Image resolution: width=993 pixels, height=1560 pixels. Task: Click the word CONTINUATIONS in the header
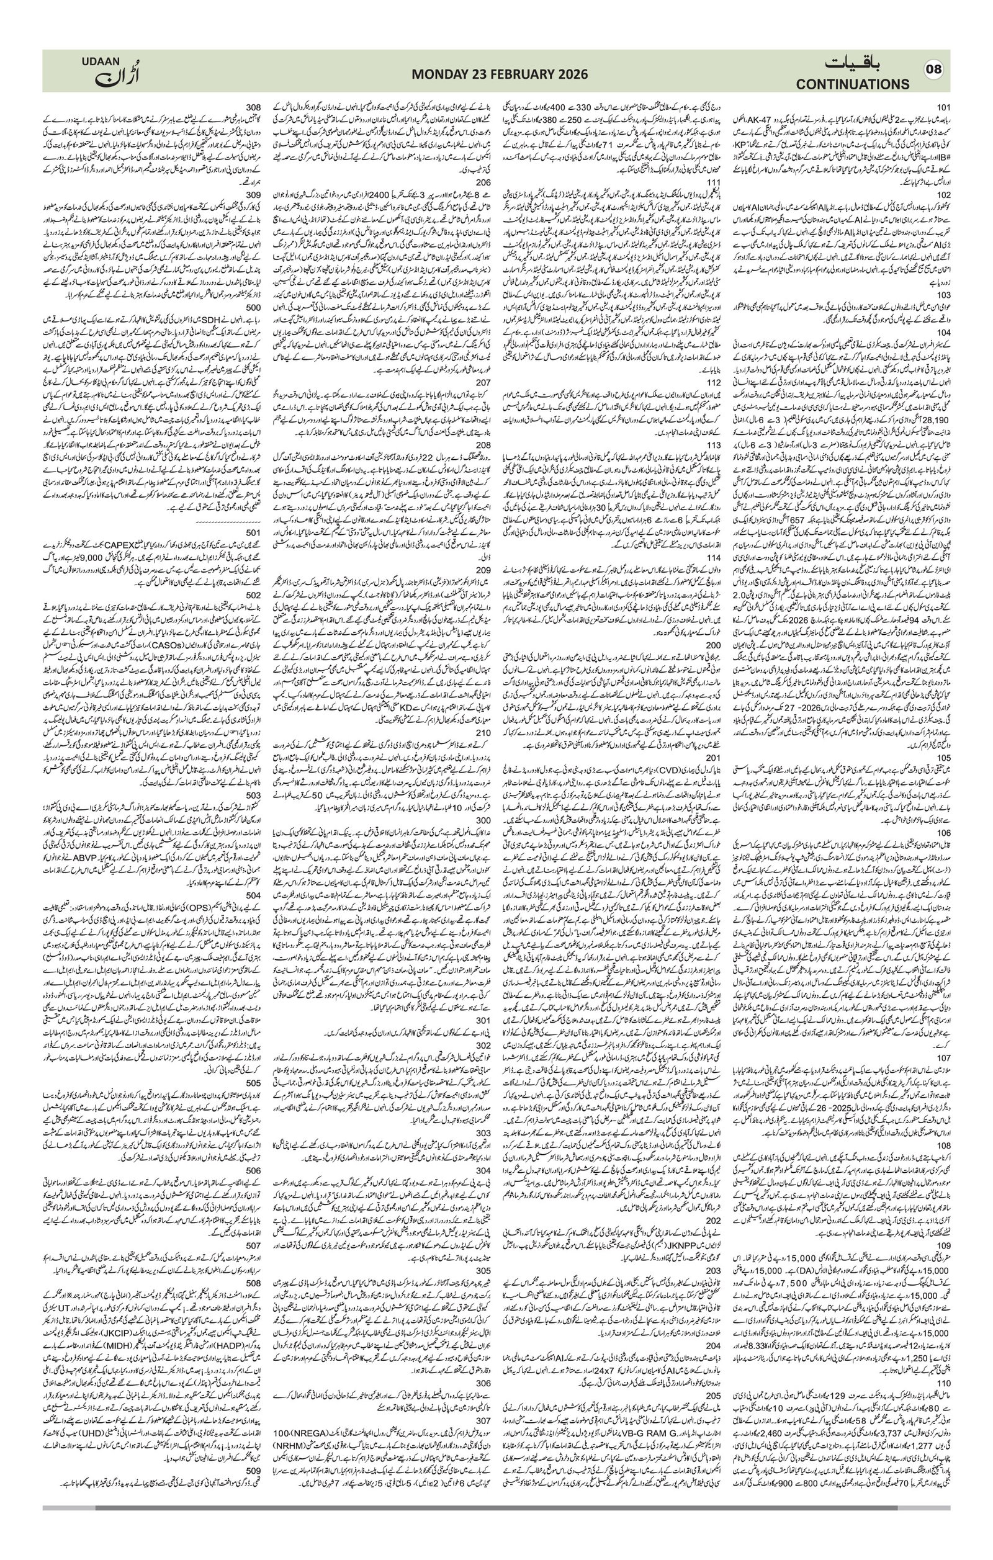click(853, 84)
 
